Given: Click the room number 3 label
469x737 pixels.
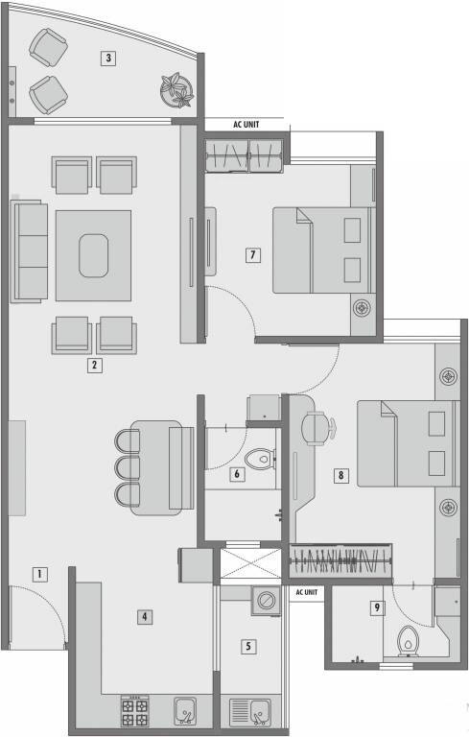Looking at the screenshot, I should pos(109,58).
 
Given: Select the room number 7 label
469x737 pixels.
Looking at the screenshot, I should pos(252,255).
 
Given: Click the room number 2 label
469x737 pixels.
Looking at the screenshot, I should pos(94,365).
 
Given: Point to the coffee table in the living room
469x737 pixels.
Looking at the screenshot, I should pos(93,255).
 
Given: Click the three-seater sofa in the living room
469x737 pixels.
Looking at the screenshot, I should pos(31,250).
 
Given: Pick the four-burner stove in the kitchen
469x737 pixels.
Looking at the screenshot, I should pos(133,710).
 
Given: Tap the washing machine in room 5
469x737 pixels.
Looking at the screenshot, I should pos(263,602).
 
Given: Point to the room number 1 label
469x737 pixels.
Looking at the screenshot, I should pos(39,575).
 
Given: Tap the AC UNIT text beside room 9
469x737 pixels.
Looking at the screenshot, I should pos(307,592).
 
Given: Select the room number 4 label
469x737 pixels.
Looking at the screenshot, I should pos(144,617).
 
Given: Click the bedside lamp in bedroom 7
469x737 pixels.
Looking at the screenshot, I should pos(361,308).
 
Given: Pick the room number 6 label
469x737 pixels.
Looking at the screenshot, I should pos(236,473).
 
